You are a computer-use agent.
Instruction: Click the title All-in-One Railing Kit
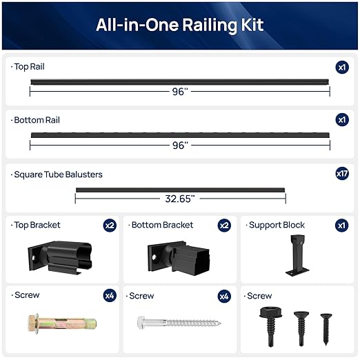click(179, 26)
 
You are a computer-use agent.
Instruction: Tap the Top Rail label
click(30, 67)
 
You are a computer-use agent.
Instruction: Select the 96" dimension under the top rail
click(179, 92)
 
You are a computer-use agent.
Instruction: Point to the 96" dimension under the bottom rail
click(179, 146)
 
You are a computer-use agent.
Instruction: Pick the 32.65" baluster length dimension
click(179, 199)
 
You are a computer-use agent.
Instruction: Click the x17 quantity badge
click(342, 174)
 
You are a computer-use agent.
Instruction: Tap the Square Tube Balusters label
click(58, 174)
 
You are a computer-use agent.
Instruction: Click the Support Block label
click(277, 225)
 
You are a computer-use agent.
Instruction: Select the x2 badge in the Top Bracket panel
click(110, 226)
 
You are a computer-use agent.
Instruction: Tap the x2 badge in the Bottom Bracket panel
click(225, 226)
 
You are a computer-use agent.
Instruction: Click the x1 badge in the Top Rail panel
click(342, 67)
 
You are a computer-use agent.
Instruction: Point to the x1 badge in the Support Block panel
click(342, 226)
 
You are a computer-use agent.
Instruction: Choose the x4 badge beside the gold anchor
click(110, 296)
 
